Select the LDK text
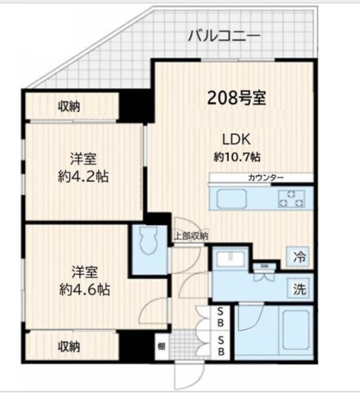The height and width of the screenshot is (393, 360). pos(236,140)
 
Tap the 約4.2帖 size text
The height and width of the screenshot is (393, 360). pos(84,177)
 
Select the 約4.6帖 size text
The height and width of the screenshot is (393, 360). pos(84,290)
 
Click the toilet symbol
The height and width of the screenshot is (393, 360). pos(148,241)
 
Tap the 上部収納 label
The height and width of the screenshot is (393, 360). pos(191,236)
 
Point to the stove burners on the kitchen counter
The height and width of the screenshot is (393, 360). pos(291,198)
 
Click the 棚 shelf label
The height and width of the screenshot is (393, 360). pos(161,346)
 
